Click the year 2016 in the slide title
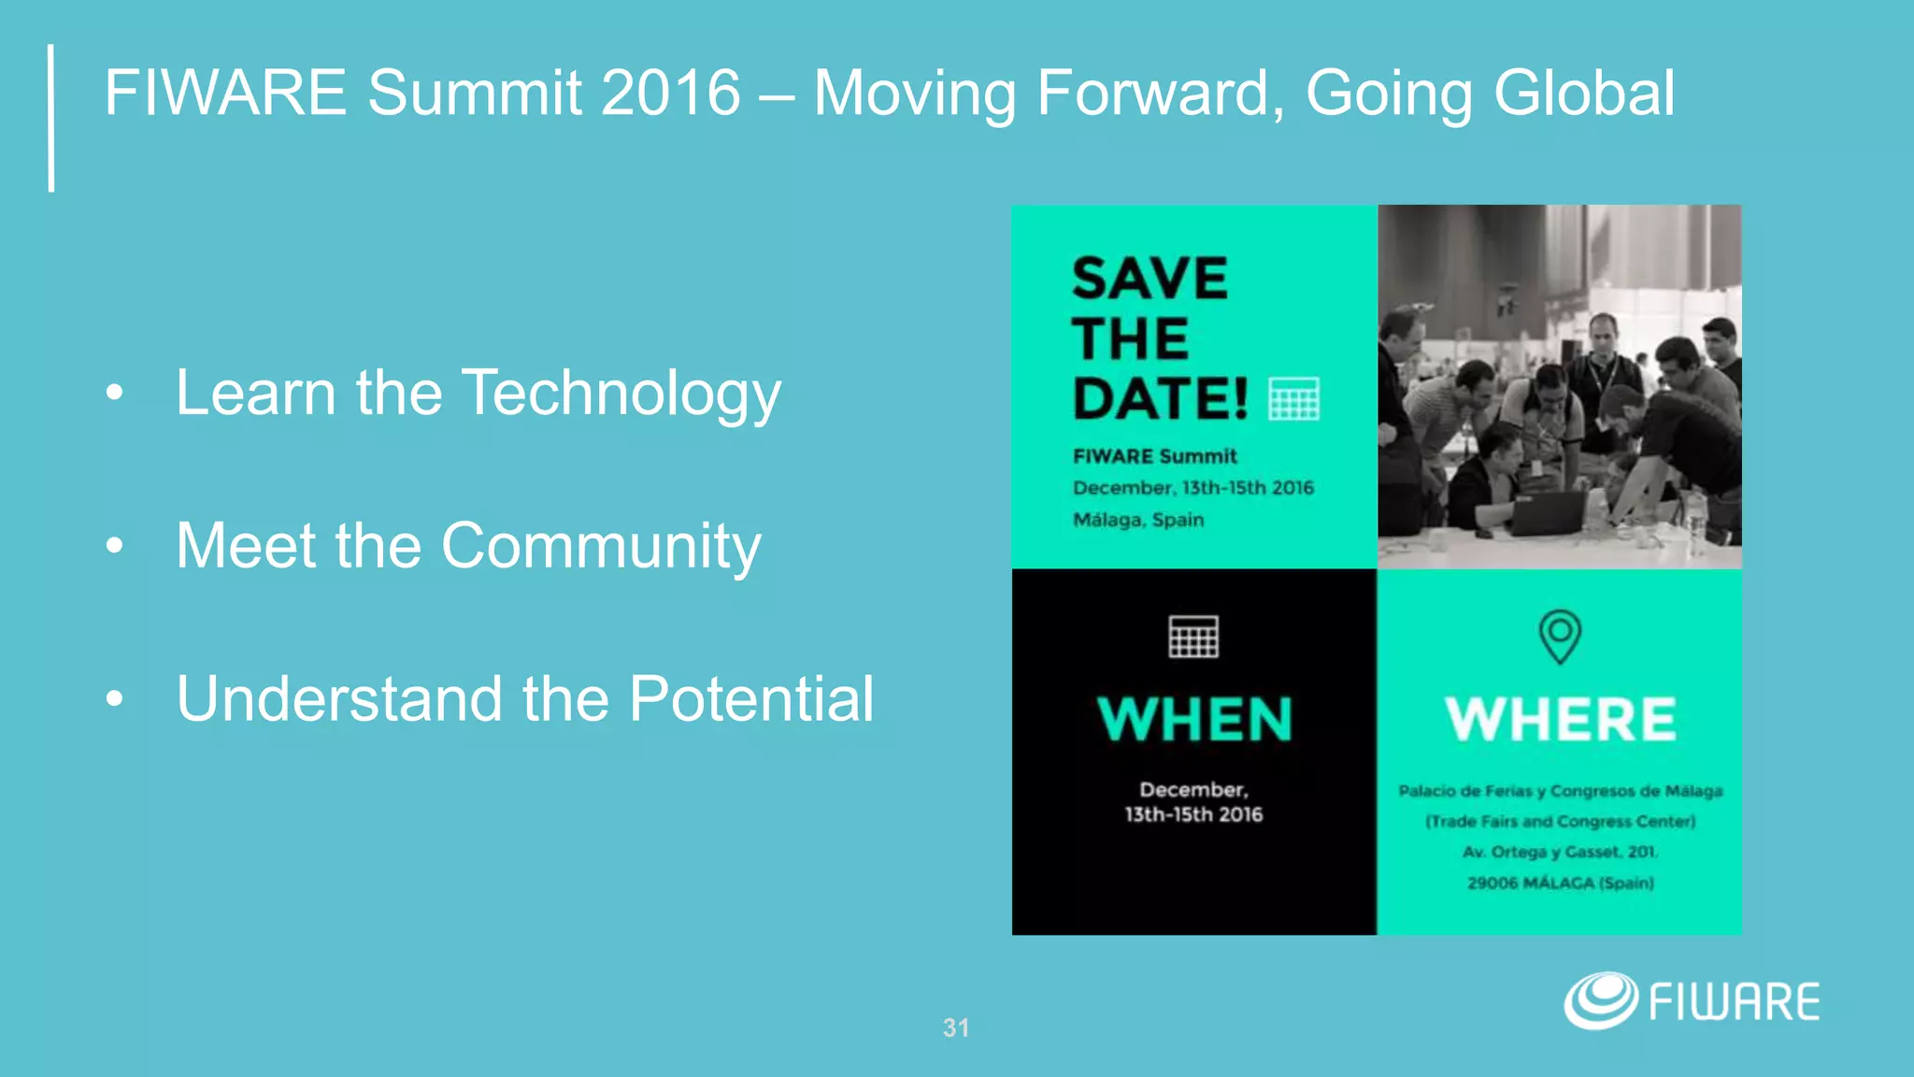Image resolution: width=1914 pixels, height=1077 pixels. coord(670,93)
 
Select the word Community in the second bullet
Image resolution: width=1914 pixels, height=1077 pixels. coord(601,546)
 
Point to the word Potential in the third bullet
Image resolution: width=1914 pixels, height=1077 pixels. coord(751,699)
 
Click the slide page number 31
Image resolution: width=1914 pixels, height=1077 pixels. coord(956,1028)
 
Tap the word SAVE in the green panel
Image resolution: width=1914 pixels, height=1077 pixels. coord(1150,279)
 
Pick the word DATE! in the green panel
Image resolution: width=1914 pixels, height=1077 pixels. coord(1160,399)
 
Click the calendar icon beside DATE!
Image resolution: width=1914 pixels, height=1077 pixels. coord(1294,399)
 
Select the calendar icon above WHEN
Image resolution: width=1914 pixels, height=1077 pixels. coord(1193,637)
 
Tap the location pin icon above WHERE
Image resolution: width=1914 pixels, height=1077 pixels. coord(1560,636)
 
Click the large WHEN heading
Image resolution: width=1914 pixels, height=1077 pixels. coord(1194,719)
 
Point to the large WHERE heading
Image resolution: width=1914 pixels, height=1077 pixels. coord(1560,719)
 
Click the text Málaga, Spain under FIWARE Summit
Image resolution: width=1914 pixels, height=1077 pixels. coord(1138,520)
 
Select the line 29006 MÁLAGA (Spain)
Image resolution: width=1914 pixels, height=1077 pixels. coord(1560,883)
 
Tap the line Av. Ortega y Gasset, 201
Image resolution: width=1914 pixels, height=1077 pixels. coord(1560,852)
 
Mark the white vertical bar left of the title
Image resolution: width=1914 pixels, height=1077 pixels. coord(51,118)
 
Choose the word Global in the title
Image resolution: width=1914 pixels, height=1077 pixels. coord(1583,93)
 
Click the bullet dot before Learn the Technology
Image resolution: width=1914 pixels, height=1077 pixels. coord(114,394)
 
